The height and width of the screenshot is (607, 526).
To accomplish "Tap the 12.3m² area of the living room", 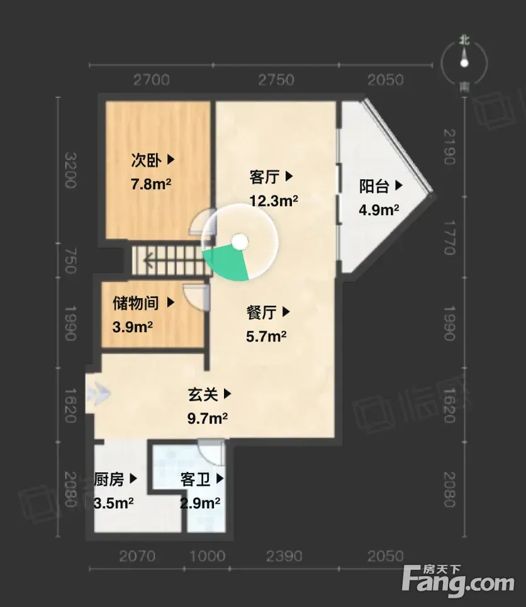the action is (274, 201).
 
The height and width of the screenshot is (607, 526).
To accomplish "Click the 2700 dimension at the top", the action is (152, 80).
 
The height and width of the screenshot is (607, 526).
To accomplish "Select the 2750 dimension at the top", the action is (276, 80).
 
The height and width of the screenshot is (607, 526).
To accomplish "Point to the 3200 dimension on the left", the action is (70, 170).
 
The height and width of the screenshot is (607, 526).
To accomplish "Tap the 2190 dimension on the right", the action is (449, 147).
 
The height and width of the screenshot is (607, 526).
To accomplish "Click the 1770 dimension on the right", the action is (449, 237).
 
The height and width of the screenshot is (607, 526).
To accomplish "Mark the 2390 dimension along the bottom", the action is (284, 556).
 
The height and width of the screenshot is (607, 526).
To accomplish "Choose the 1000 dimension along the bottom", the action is (207, 556).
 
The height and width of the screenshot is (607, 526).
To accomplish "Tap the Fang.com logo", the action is (458, 581).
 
